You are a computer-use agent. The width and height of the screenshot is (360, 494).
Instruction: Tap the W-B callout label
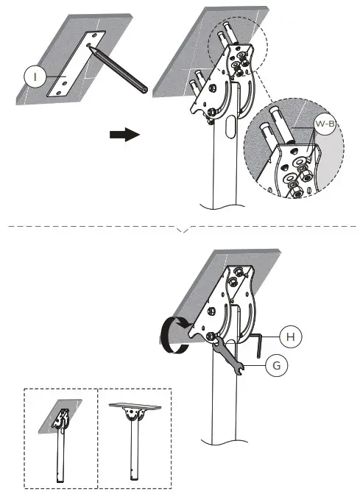point(325,124)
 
